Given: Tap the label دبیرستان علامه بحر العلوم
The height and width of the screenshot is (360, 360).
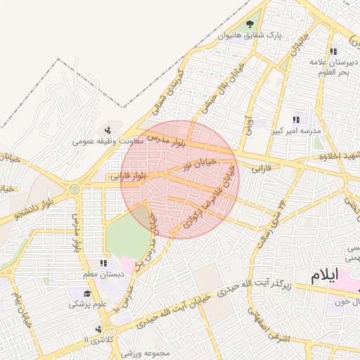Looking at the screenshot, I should click(x=334, y=67).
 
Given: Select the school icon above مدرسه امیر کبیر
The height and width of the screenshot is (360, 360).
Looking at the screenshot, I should click(x=296, y=120).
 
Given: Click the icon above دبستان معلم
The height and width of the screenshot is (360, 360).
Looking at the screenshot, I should click(x=104, y=263).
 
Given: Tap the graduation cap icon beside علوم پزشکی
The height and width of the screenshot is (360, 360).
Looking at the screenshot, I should click(x=88, y=293).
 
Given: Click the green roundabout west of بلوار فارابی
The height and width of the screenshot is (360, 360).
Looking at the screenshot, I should click(x=74, y=188).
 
